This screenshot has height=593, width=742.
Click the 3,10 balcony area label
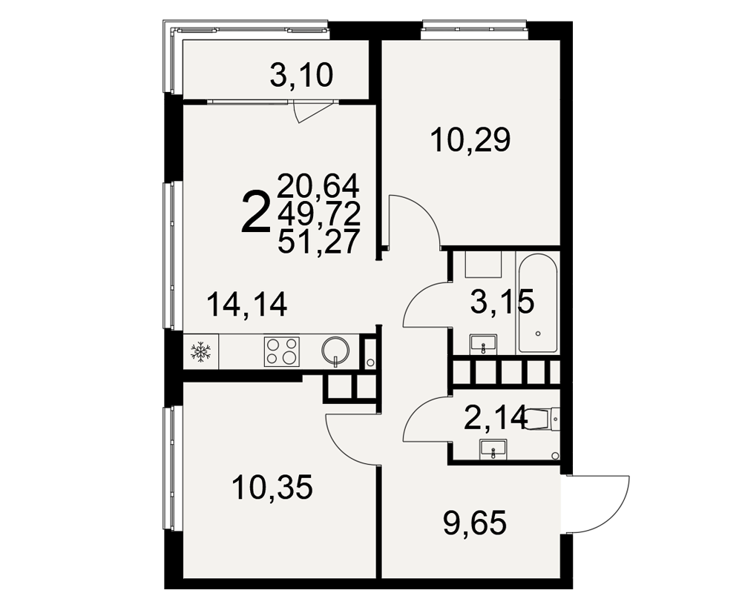click(301, 76)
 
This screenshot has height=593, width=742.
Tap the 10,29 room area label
click(470, 140)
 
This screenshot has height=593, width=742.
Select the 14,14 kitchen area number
click(247, 304)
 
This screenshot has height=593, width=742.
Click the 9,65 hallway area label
click(475, 523)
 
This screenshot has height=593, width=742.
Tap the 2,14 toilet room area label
click(496, 418)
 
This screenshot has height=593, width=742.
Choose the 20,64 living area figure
click(318, 186)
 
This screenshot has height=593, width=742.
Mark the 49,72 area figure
click(318, 213)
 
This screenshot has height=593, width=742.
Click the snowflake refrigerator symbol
click(200, 352)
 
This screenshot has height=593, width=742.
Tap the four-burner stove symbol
click(282, 351)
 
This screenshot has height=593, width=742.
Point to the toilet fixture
click(542, 419)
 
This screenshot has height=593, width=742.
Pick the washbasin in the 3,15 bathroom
click(483, 343)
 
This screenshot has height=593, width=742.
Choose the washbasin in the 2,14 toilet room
click(493, 448)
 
